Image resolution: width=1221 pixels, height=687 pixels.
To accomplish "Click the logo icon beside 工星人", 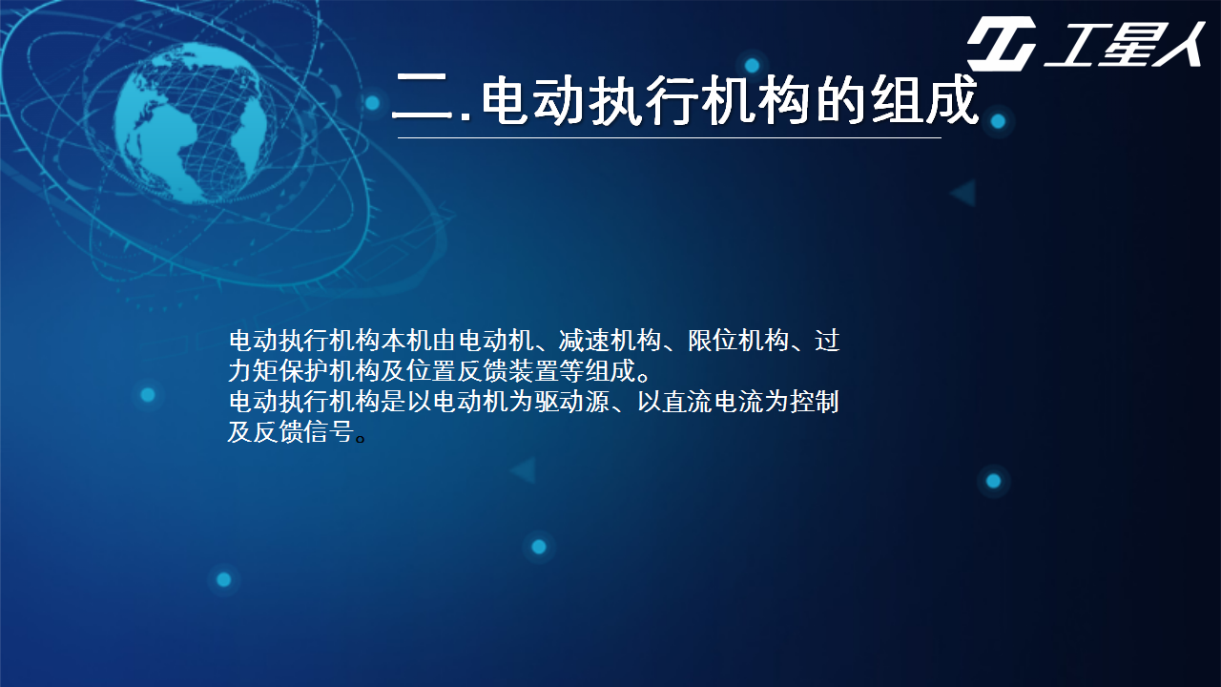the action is (x=1002, y=44).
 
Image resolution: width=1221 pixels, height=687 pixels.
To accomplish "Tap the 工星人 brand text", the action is (x=1124, y=45).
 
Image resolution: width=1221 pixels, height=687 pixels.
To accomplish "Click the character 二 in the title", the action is (x=423, y=97).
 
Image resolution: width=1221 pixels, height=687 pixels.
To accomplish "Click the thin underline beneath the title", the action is (x=670, y=138).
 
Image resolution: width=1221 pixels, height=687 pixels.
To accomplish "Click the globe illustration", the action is (x=190, y=123).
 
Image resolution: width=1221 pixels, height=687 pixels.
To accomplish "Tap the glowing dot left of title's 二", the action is (x=372, y=102).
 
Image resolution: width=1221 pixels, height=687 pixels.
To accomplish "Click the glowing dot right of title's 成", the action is (x=998, y=121).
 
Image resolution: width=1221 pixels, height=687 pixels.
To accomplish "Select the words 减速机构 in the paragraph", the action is (x=610, y=341).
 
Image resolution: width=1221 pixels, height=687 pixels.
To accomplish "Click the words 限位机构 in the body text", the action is (x=738, y=341).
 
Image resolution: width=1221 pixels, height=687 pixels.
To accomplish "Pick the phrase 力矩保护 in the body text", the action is (x=279, y=371).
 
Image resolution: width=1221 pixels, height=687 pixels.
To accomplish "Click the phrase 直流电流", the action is (x=713, y=402).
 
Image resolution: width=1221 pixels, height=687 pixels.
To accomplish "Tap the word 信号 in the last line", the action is (x=329, y=432).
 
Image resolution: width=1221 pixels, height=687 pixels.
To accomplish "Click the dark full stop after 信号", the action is (x=361, y=438).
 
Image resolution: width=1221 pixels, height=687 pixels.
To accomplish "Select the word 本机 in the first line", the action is (x=406, y=341).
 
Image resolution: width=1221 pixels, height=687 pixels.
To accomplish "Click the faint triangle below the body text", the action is (x=524, y=470).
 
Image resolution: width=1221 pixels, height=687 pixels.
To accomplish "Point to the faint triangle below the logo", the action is (x=963, y=193).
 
